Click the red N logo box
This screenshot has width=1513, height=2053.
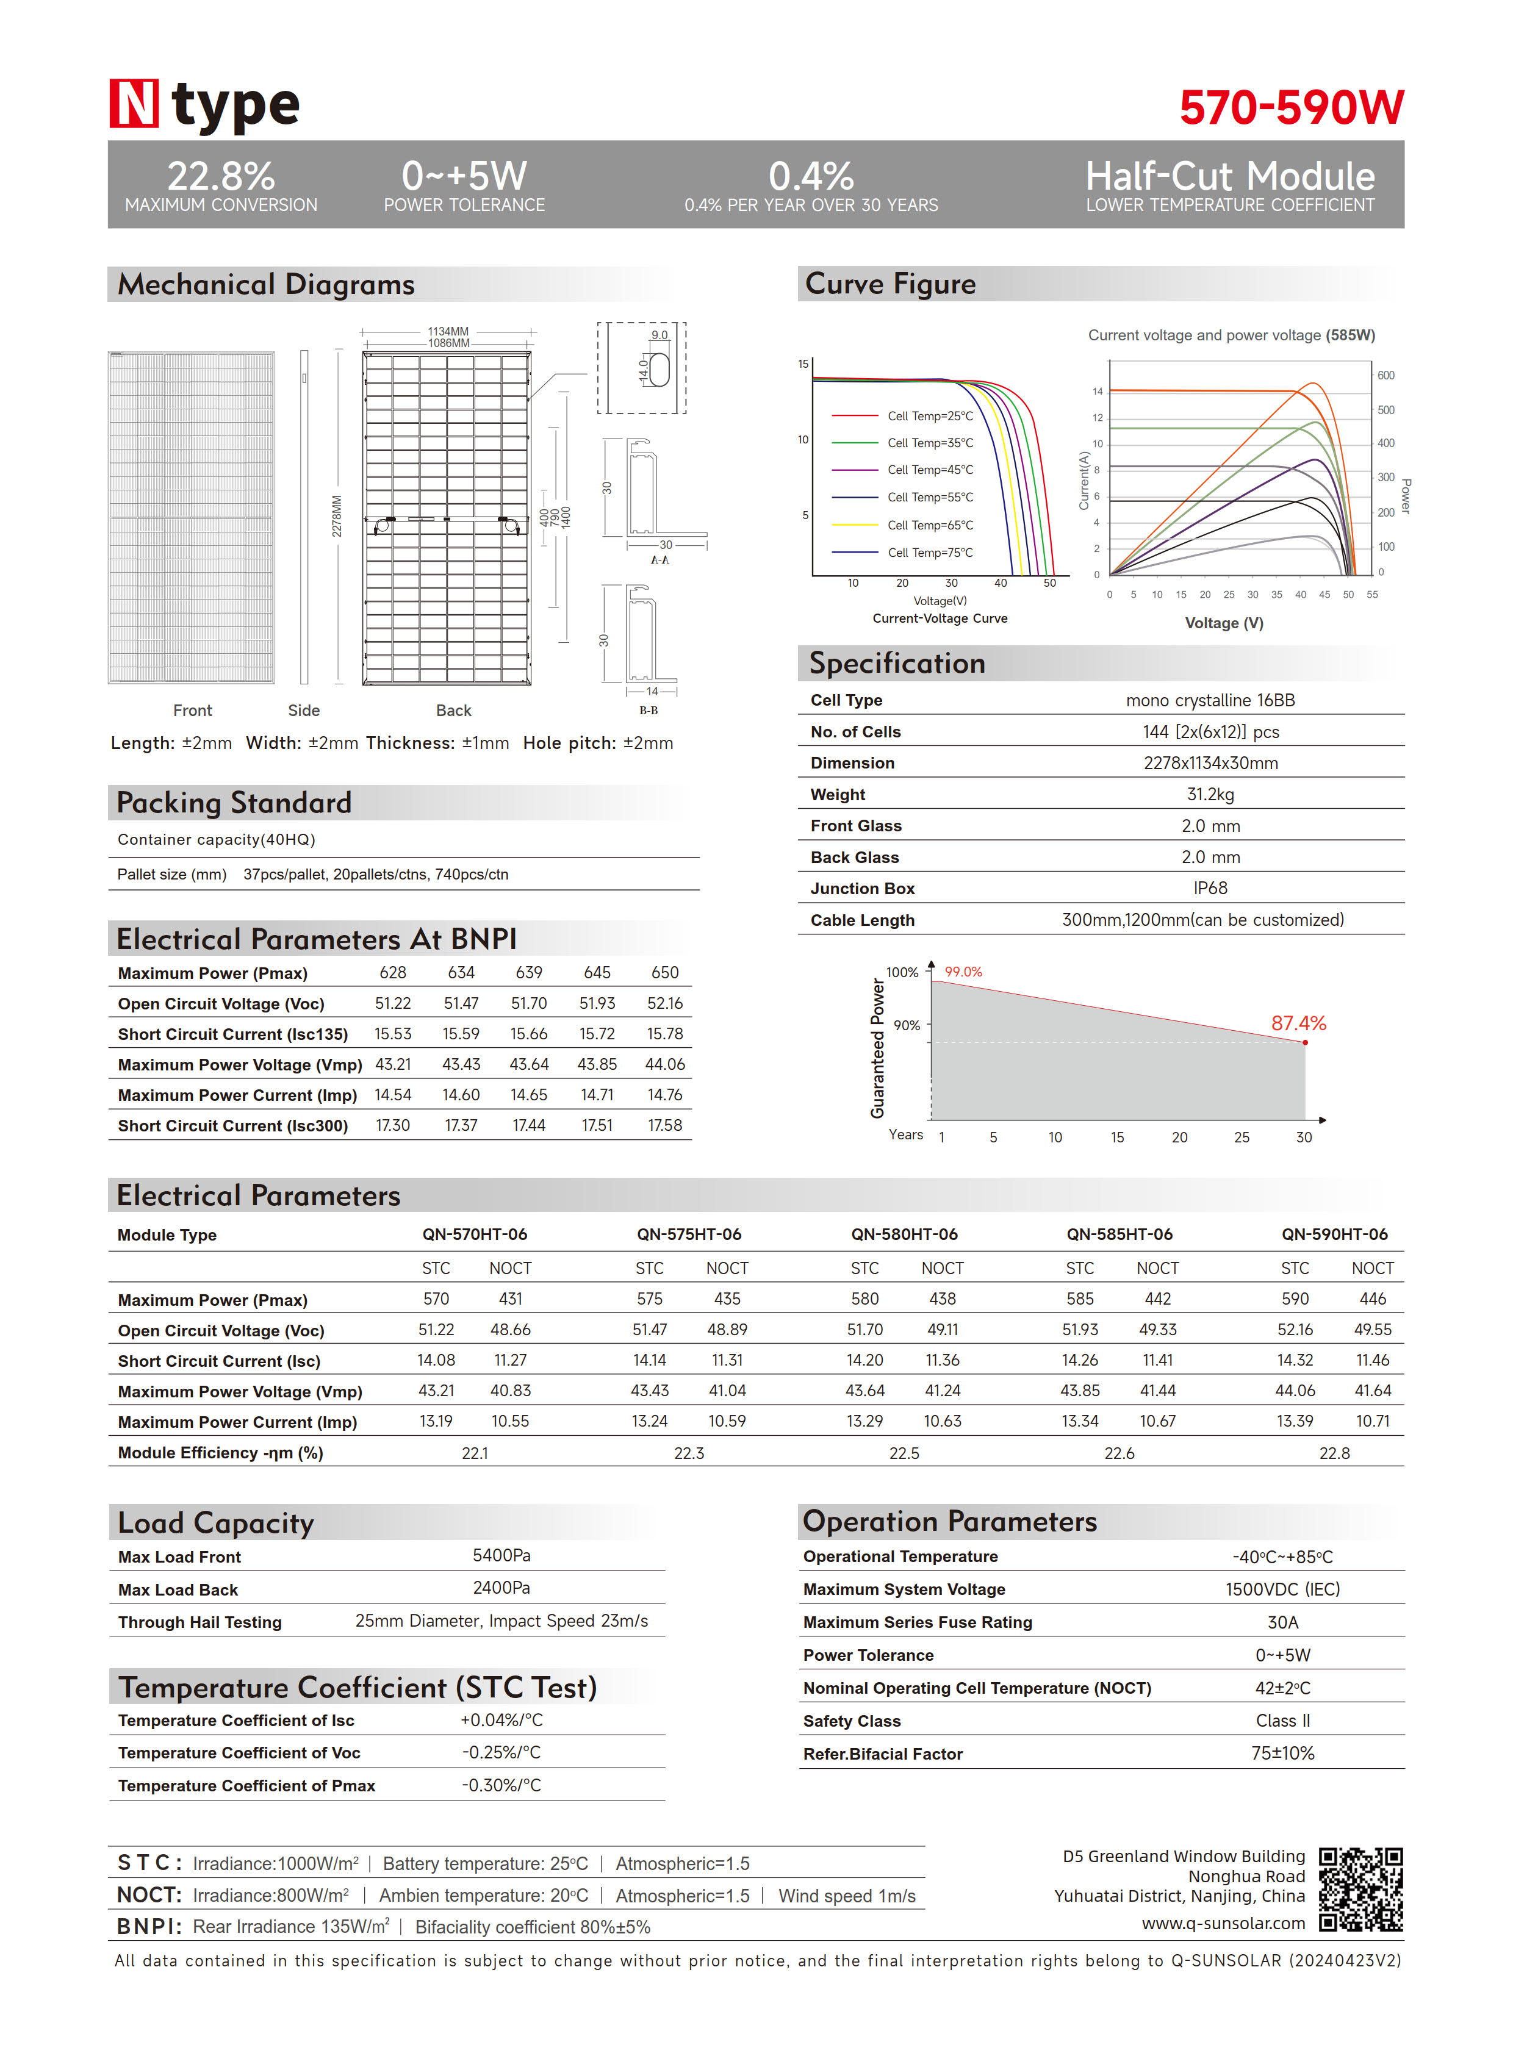pyautogui.click(x=134, y=104)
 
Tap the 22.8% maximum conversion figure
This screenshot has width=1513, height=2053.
pyautogui.click(x=221, y=176)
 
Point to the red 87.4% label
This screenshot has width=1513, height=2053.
pyautogui.click(x=1298, y=1023)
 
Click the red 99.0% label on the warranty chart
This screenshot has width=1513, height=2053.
pyautogui.click(x=963, y=972)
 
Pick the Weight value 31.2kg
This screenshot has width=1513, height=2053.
pyautogui.click(x=1210, y=794)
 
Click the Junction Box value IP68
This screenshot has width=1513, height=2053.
pyautogui.click(x=1210, y=888)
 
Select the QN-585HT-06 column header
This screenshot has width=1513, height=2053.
pyautogui.click(x=1119, y=1234)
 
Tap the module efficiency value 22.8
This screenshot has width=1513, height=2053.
pyautogui.click(x=1334, y=1453)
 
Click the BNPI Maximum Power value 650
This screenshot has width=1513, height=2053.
pyautogui.click(x=665, y=972)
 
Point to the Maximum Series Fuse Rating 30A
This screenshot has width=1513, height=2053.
pyautogui.click(x=1282, y=1622)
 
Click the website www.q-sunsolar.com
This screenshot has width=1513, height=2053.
pyautogui.click(x=1223, y=1924)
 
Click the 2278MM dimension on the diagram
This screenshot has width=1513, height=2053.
pyautogui.click(x=337, y=517)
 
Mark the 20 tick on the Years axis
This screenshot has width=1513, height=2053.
pyautogui.click(x=1180, y=1138)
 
